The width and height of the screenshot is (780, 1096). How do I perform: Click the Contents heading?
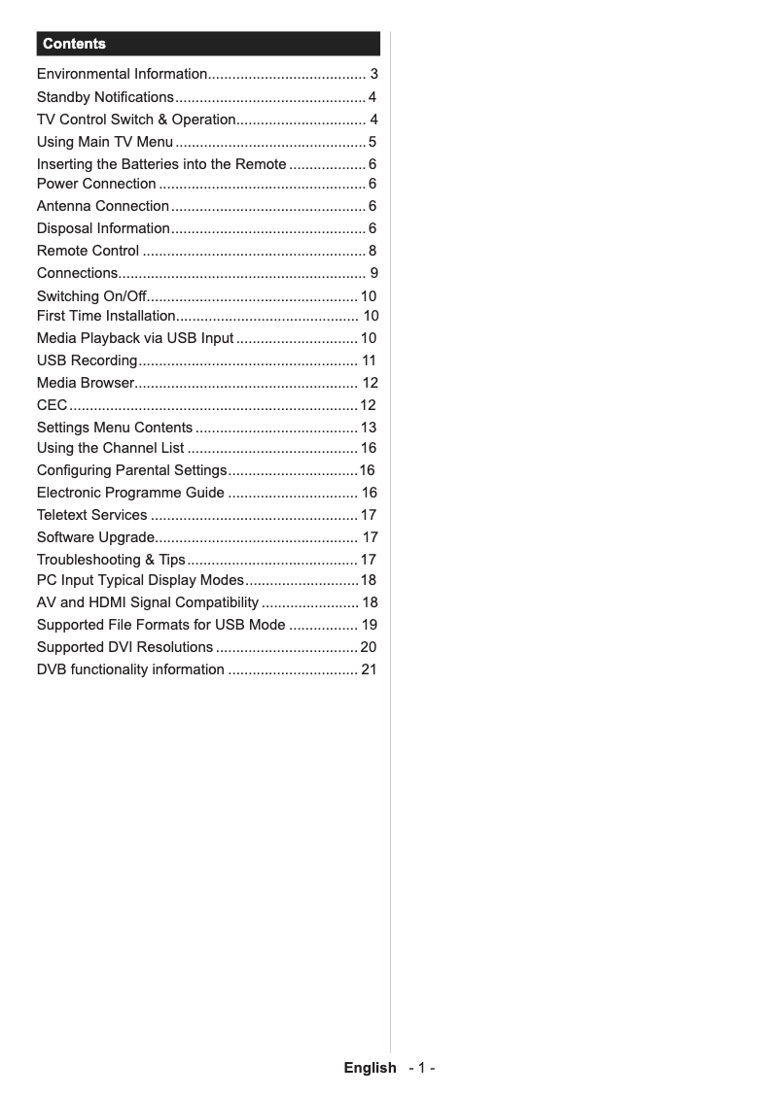74,44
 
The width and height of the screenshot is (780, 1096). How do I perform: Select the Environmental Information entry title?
122,74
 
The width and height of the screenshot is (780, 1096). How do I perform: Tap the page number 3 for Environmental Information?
373,74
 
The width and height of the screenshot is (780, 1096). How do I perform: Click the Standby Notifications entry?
105,97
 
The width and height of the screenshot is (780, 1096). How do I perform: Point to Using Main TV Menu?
105,143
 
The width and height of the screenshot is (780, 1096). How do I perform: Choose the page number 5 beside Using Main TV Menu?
372,143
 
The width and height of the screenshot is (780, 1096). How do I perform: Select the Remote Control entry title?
88,251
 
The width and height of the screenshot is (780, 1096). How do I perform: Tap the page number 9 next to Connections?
373,273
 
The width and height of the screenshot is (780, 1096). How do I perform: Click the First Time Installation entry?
106,316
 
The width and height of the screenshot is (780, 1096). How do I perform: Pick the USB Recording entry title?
87,360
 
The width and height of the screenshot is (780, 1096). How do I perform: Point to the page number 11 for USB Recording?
369,360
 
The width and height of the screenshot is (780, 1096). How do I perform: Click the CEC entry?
52,405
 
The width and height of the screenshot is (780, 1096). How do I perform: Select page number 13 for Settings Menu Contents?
369,428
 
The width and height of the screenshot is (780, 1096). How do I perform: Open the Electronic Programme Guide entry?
130,493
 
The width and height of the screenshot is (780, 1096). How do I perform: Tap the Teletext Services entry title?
92,515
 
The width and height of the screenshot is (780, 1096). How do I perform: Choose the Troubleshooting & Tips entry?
111,560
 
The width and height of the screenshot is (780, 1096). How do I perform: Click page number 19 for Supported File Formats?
369,625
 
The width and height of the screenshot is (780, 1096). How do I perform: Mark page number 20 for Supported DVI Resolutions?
369,647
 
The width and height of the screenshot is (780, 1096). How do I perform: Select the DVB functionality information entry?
130,669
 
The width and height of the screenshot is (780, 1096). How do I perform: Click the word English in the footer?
370,1068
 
